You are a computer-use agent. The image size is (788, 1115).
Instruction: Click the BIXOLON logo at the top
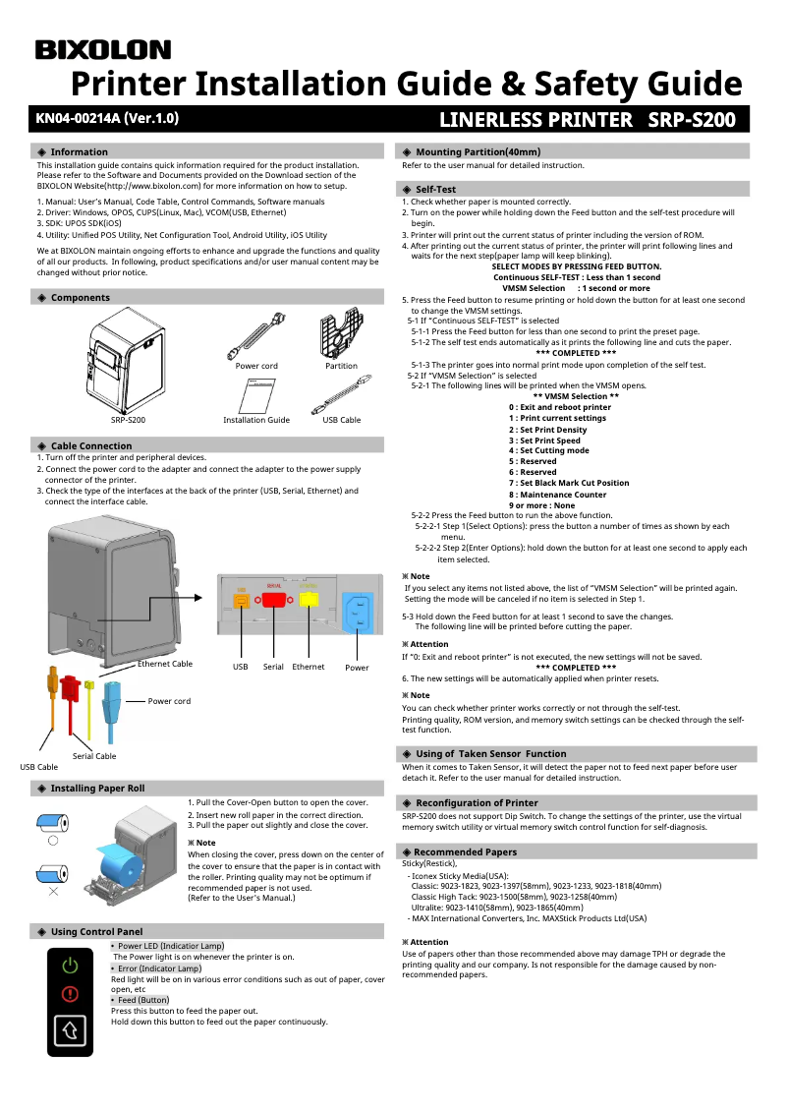point(103,50)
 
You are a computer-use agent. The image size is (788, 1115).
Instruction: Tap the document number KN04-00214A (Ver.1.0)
point(107,119)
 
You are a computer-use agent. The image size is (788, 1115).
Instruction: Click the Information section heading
point(79,151)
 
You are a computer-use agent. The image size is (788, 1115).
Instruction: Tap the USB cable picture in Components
point(341,399)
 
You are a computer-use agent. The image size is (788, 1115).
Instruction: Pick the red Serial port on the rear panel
point(274,600)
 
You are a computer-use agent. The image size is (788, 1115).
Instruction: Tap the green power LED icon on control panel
point(70,966)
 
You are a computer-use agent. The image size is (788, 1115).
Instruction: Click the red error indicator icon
point(70,993)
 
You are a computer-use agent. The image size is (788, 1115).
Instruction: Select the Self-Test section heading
point(435,188)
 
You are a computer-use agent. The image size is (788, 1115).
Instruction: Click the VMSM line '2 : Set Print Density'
point(547,429)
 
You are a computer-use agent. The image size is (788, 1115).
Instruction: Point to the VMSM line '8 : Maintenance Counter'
point(557,494)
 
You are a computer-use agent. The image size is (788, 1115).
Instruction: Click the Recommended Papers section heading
point(465,851)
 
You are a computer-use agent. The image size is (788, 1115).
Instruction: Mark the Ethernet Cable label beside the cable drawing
point(165,664)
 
